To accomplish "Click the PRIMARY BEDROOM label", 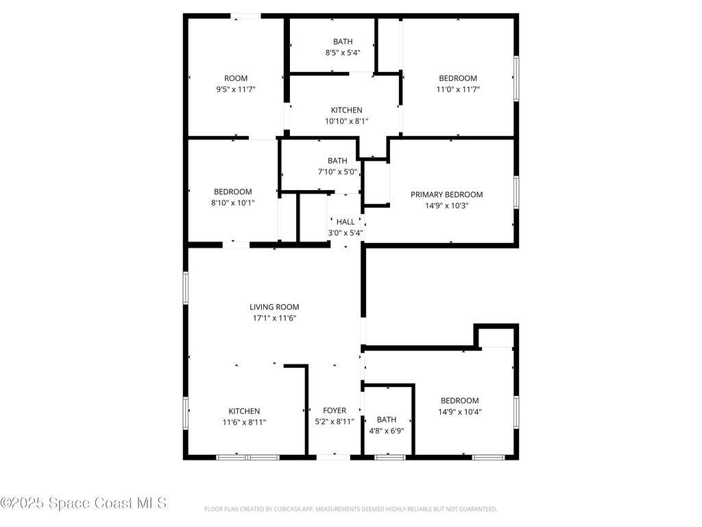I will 446,194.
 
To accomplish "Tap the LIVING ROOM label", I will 274,307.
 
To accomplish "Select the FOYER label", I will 335,410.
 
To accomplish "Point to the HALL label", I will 346,222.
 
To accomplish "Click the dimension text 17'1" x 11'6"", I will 274,318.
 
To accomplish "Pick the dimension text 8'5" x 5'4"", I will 343,52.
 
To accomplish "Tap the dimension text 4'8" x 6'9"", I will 387,431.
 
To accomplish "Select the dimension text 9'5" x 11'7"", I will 236,89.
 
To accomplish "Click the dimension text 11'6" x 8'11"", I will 244,423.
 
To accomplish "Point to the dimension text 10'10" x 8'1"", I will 347,121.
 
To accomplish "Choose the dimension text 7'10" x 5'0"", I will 337,172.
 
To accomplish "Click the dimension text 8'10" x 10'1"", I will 232,202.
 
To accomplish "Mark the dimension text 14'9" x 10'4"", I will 459,412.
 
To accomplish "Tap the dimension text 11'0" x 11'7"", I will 458,89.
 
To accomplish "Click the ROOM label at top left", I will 236,78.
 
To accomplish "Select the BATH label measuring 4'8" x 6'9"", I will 387,420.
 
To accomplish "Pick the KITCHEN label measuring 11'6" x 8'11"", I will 244,412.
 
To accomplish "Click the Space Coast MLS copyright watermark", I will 84,503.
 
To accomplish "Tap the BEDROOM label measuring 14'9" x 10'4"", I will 459,401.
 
